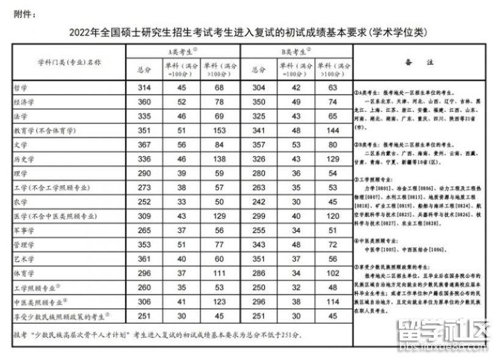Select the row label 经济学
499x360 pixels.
coord(24,102)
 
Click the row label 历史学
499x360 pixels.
coord(24,160)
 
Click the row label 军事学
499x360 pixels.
coord(24,231)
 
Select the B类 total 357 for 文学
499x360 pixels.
coord(259,145)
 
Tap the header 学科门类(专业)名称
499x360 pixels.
coord(69,62)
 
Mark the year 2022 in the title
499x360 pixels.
coord(81,32)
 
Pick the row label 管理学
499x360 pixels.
coord(24,245)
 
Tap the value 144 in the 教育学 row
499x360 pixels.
coord(332,131)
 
